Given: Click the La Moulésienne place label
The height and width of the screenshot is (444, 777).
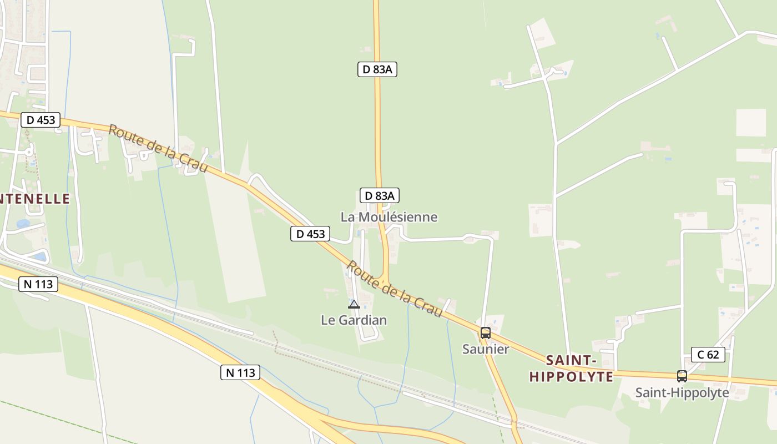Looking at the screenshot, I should pyautogui.click(x=389, y=217).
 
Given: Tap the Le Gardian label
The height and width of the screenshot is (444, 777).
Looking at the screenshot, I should pyautogui.click(x=354, y=320).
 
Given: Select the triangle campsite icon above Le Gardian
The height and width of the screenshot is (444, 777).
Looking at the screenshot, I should pyautogui.click(x=354, y=304).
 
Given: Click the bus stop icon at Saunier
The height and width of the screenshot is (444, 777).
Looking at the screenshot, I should pyautogui.click(x=486, y=333).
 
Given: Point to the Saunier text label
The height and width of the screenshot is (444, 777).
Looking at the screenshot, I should pyautogui.click(x=486, y=349).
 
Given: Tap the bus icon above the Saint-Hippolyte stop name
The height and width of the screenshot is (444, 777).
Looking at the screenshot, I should pyautogui.click(x=682, y=376).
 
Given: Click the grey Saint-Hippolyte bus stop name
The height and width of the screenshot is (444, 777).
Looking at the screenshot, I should pyautogui.click(x=682, y=393).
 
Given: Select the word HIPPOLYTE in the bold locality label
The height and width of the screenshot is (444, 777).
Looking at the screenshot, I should pyautogui.click(x=572, y=377).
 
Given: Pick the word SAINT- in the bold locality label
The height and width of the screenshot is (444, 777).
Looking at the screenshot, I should pyautogui.click(x=572, y=361).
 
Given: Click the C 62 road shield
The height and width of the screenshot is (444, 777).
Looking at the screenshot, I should pyautogui.click(x=708, y=354).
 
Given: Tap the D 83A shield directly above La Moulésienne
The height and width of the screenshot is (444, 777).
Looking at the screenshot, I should pyautogui.click(x=380, y=195).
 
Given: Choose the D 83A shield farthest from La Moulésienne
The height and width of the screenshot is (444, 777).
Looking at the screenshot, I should pyautogui.click(x=377, y=69).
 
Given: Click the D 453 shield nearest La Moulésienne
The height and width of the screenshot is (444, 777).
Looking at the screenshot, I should pyautogui.click(x=310, y=234).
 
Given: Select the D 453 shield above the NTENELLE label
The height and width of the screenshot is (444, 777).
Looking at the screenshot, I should pyautogui.click(x=41, y=119).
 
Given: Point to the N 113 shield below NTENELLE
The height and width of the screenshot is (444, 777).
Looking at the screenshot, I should pyautogui.click(x=38, y=284).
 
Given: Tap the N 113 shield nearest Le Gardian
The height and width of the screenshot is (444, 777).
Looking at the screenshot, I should pyautogui.click(x=240, y=372).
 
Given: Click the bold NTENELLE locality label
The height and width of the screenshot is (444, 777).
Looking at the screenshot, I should pyautogui.click(x=34, y=199).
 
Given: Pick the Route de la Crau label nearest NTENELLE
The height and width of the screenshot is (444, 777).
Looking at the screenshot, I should pyautogui.click(x=158, y=148).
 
